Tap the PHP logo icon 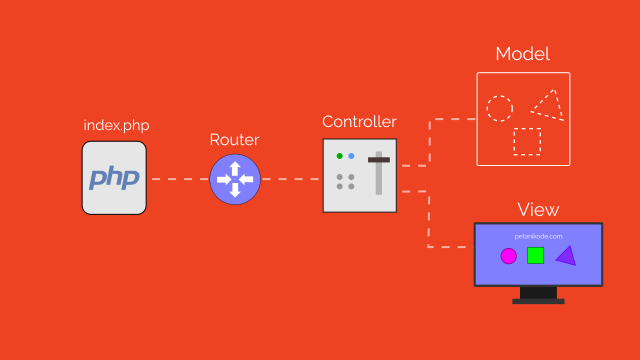[114, 178]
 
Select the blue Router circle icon [235, 179]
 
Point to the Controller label [359, 122]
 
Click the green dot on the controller [340, 156]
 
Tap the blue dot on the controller [351, 156]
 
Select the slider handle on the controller [379, 159]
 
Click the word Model [522, 54]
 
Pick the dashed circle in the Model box [499, 108]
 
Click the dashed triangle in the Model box [547, 104]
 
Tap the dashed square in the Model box [527, 142]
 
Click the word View [538, 210]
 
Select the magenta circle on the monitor [508, 256]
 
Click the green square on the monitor [535, 255]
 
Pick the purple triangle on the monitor [565, 256]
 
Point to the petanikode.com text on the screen [538, 236]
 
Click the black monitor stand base [538, 300]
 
